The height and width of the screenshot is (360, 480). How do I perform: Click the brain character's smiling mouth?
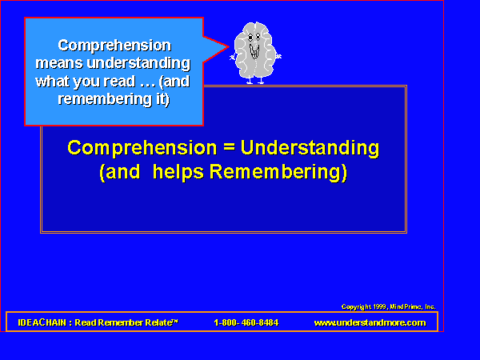(x=254, y=52)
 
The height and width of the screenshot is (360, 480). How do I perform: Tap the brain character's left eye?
(x=250, y=38)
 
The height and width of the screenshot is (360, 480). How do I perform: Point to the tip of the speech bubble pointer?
(x=229, y=47)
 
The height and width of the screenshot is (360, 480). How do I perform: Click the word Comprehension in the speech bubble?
(x=114, y=46)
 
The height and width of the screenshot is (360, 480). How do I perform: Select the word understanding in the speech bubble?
(x=138, y=63)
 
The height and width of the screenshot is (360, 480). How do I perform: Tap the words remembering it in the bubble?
(x=114, y=99)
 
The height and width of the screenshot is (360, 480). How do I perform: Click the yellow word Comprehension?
(x=142, y=148)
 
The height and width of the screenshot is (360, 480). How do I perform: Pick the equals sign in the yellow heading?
(x=229, y=147)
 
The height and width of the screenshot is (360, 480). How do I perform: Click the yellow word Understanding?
(x=310, y=148)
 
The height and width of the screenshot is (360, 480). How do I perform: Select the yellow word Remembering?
(x=278, y=172)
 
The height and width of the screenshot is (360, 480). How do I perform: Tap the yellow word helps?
(x=178, y=172)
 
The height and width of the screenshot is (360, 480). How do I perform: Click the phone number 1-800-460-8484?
(x=246, y=322)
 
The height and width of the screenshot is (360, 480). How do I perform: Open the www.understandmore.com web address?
(x=370, y=322)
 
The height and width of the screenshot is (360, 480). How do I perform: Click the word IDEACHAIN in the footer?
(x=42, y=322)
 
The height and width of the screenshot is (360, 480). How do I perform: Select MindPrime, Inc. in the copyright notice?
(x=412, y=306)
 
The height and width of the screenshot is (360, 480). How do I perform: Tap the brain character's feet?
(x=255, y=81)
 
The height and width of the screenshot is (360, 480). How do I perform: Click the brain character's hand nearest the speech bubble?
(x=233, y=57)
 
